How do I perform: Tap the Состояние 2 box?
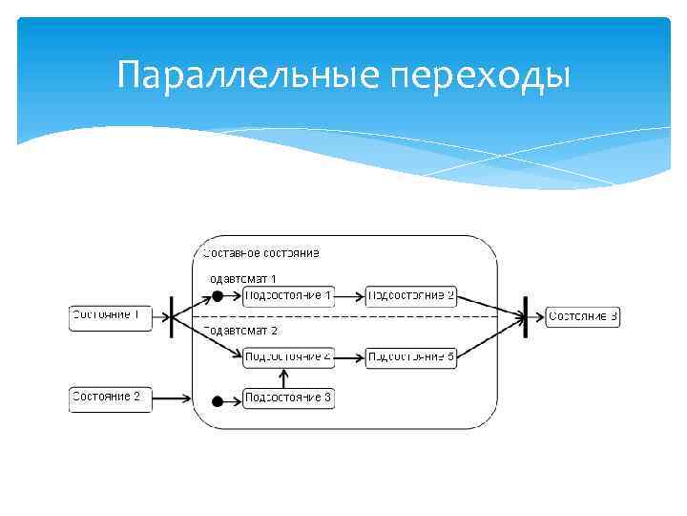tap(111, 398)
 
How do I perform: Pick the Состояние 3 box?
tap(583, 316)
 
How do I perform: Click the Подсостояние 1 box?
tap(288, 297)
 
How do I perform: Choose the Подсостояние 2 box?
tap(411, 297)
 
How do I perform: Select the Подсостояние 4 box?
tap(288, 358)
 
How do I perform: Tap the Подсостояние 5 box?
tap(411, 358)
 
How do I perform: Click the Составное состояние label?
tap(260, 253)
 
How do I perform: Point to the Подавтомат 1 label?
tap(242, 278)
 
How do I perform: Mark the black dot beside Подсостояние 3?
tap(218, 401)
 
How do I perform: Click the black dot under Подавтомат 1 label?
tap(218, 297)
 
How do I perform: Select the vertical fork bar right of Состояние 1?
tap(172, 316)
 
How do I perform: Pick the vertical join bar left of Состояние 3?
tap(525, 316)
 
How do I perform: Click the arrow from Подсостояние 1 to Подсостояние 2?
tap(350, 297)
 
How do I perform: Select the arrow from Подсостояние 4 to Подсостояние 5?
tap(350, 358)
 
